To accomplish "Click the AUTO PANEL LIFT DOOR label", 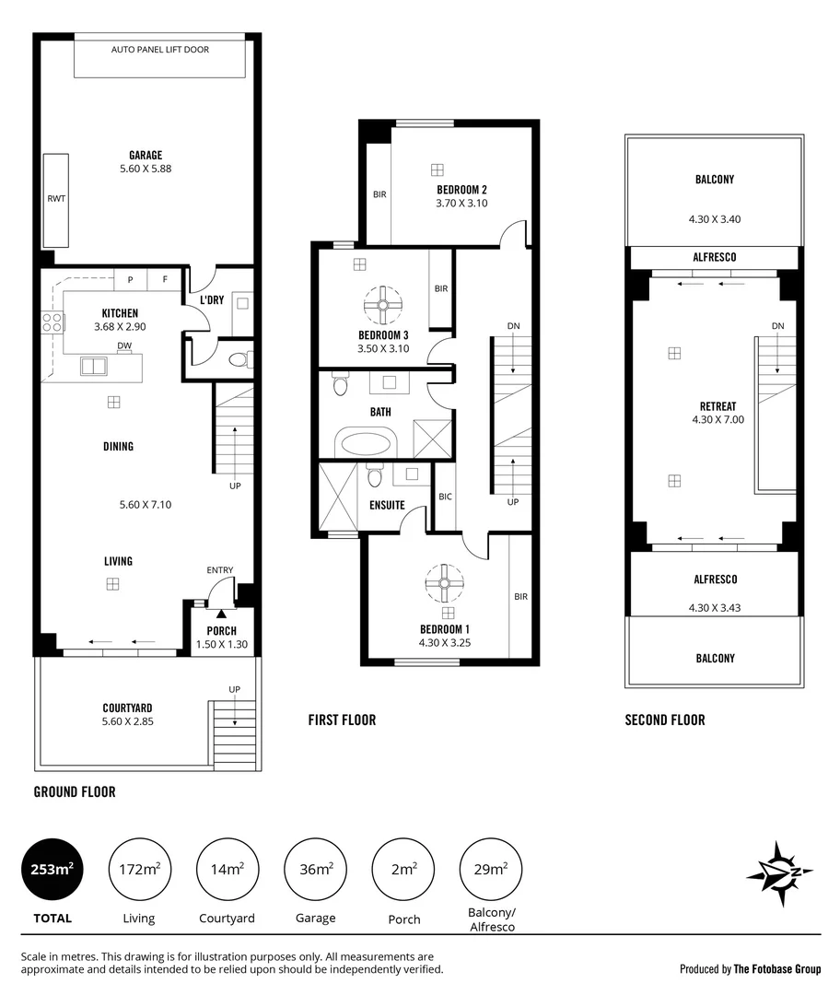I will point(160,48).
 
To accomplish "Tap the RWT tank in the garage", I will point(56,198).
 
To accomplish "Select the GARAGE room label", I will point(146,156).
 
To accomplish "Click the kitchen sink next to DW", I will point(94,366).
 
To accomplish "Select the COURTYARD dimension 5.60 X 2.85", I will point(128,721).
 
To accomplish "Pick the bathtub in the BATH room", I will point(367,442).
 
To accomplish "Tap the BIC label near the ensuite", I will point(445,497).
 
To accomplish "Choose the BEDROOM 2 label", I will point(461,190).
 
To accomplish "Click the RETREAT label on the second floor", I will point(717,406).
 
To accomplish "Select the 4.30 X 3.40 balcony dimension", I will point(715,219).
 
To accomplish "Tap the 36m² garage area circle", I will point(315,869).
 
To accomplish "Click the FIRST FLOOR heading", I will point(342,720).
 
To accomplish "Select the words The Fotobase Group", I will point(776,969).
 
